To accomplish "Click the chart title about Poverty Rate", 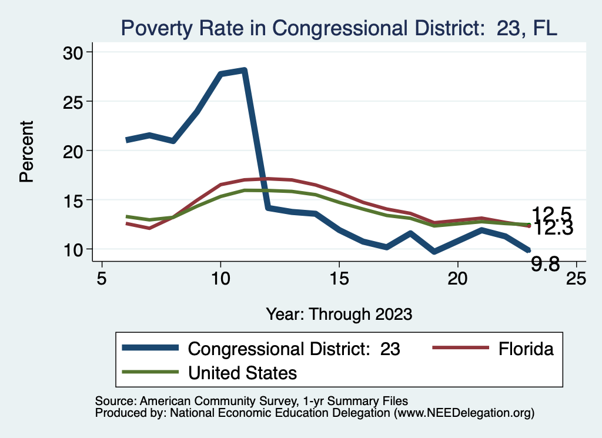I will point(338,28).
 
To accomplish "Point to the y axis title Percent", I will point(26,151).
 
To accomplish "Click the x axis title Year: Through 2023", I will point(339,313).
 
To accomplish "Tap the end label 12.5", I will point(551,215).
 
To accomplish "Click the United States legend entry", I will point(242,373).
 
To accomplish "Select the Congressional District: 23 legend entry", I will point(293,349).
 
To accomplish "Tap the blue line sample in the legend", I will point(150,348).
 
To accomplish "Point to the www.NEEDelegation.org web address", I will point(464,413).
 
